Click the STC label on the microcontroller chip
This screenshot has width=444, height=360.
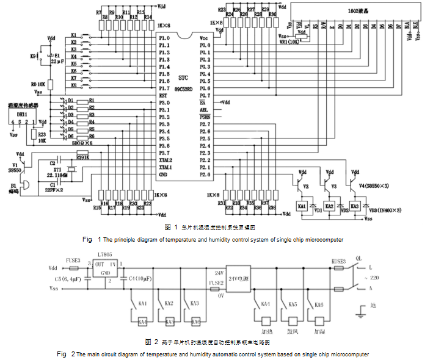coord(183,78)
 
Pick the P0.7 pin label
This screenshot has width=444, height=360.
coord(205,96)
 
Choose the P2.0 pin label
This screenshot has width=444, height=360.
coord(205,175)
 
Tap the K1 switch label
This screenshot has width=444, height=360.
coord(74,35)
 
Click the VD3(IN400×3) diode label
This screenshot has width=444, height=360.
coord(386,209)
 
